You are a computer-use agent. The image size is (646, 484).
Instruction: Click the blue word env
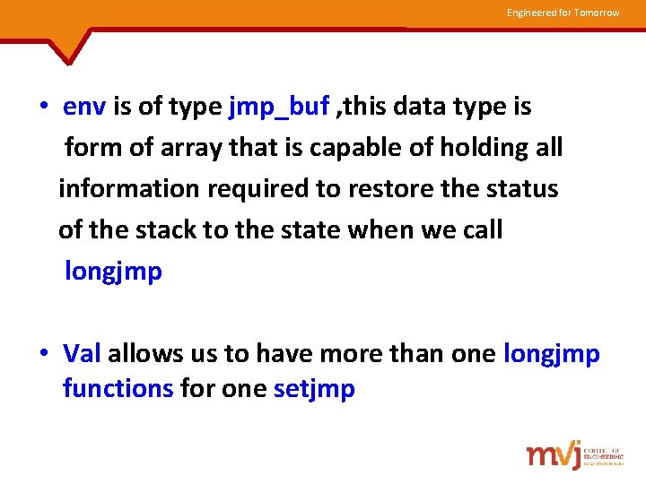85,107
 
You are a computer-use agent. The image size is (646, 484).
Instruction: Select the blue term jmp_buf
279,107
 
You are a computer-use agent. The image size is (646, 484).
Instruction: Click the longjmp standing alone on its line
113,272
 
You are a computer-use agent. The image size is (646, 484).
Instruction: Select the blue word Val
83,353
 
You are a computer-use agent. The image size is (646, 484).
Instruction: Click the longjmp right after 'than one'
552,353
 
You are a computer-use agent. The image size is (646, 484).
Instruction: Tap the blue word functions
118,389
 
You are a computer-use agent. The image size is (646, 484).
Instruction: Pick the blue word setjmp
314,389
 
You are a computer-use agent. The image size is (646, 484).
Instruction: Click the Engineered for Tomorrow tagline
563,13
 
